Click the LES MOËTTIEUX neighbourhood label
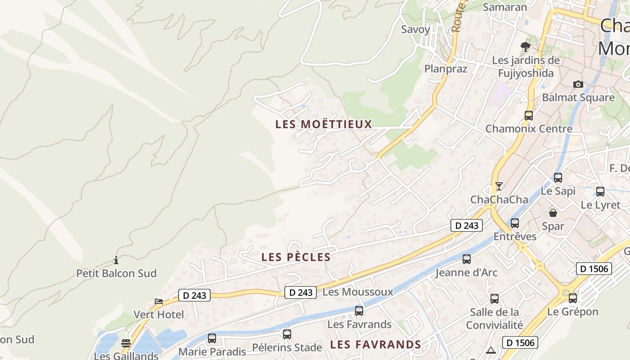(x=324, y=124)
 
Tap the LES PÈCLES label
(x=296, y=257)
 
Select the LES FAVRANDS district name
(x=375, y=345)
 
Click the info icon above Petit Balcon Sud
(x=116, y=260)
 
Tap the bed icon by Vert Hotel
(x=158, y=301)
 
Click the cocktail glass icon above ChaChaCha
(x=499, y=186)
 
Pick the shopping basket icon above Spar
(x=553, y=213)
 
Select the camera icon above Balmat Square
(x=578, y=84)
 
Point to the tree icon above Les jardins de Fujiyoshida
(x=525, y=46)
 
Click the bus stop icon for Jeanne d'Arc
(x=467, y=259)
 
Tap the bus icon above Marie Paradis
(x=212, y=338)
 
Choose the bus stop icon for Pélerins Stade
(x=287, y=334)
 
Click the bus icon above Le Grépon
(x=573, y=298)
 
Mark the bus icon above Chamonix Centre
(x=529, y=115)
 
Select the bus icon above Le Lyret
(x=600, y=192)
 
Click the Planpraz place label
(x=446, y=69)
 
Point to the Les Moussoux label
(x=358, y=292)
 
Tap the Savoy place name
(x=415, y=30)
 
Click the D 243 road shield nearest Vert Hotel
(x=194, y=295)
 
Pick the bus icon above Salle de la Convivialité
(x=495, y=299)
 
